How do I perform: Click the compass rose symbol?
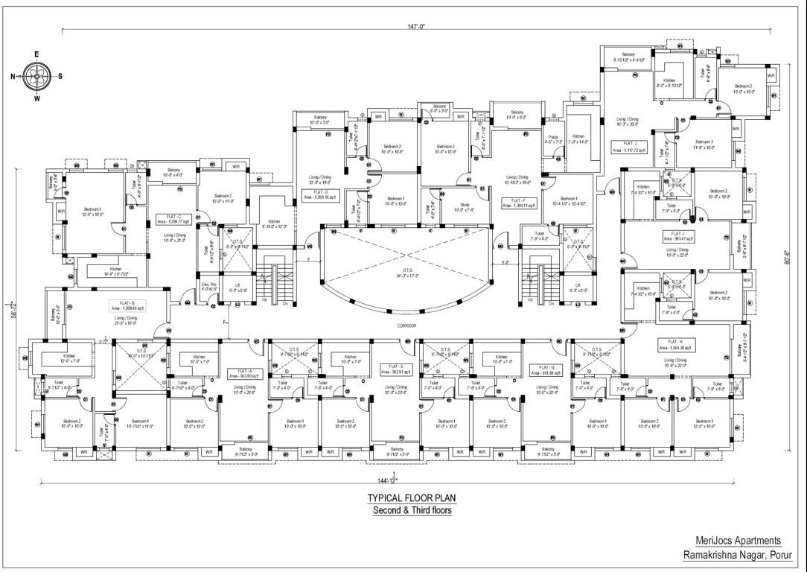point(36,75)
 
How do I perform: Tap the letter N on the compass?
point(13,76)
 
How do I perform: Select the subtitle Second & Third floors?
point(412,510)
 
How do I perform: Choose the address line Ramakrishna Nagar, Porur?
point(732,555)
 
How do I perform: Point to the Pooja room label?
point(552,138)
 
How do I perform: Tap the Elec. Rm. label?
point(208,286)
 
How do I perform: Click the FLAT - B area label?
point(126,305)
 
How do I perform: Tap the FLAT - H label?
point(665,346)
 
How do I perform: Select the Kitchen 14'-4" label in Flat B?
point(115,271)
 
